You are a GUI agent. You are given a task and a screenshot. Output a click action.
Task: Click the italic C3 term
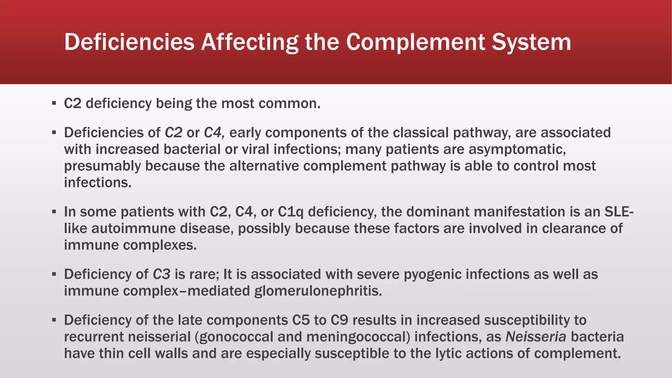(x=161, y=274)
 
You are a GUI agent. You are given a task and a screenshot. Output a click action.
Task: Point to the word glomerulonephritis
(x=318, y=291)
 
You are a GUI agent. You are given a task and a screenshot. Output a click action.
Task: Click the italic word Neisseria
(x=536, y=337)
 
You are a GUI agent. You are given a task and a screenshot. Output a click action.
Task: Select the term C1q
(x=291, y=212)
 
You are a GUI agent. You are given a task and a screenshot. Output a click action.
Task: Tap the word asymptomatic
(x=517, y=149)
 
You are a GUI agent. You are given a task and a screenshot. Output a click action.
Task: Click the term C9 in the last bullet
(x=339, y=320)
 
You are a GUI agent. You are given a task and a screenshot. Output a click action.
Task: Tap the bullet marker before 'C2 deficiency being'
(x=54, y=104)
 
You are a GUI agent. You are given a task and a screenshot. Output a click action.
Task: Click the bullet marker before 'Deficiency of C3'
(x=54, y=274)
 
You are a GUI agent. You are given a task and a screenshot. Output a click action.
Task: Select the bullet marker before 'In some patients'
(x=54, y=212)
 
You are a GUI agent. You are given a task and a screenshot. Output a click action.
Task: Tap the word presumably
(x=102, y=166)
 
